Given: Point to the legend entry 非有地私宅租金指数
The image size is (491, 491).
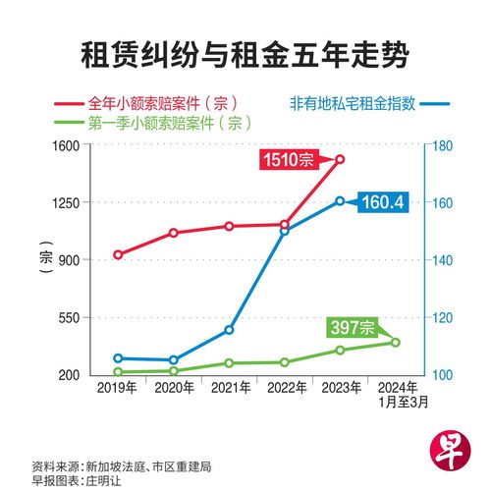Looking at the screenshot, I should click(358, 102).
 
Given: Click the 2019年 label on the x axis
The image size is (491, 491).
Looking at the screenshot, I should click(117, 389).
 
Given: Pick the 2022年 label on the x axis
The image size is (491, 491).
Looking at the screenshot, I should click(285, 389).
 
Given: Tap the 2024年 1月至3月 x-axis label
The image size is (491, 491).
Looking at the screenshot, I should click(396, 395).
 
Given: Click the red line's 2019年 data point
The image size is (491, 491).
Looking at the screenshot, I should click(118, 254).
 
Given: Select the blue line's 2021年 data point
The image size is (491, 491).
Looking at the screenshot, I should click(229, 330).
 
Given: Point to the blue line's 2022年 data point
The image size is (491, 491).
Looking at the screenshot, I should click(285, 231).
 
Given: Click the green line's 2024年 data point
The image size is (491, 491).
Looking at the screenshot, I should click(396, 342).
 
